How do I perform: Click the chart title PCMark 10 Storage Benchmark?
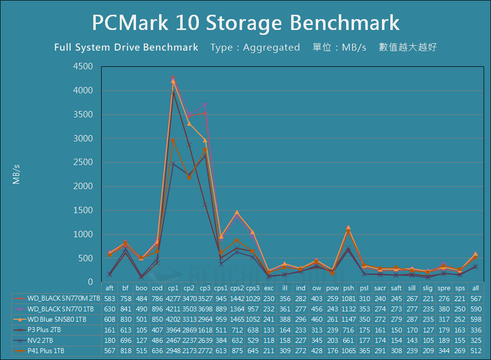click(245, 23)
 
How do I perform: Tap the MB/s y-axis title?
click(17, 174)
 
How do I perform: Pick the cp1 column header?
click(173, 288)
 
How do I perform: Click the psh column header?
click(349, 288)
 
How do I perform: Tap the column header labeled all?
click(475, 288)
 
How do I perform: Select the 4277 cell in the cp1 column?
click(173, 298)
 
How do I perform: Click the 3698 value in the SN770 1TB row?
click(205, 309)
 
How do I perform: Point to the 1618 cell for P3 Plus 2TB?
click(205, 330)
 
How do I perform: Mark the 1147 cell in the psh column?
click(349, 319)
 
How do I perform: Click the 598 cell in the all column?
click(475, 319)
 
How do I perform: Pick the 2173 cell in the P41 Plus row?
click(189, 351)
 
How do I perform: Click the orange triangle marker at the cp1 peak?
click(173, 81)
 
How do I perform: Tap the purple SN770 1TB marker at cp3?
click(205, 105)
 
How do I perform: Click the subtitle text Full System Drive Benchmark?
click(126, 48)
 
